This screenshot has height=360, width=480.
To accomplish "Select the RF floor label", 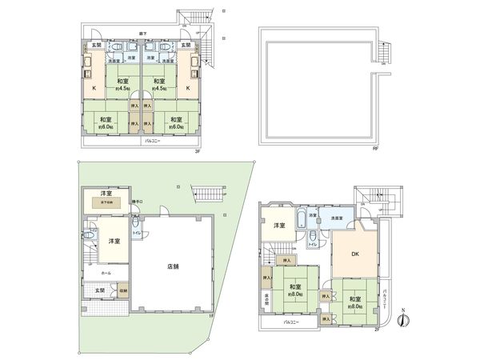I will tap(374, 148).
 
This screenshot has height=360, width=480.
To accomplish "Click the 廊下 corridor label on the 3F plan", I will tap(141, 34).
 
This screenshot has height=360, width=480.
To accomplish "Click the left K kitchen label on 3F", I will tap(93, 87).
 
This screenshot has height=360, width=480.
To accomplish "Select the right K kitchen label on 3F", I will tap(189, 87).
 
